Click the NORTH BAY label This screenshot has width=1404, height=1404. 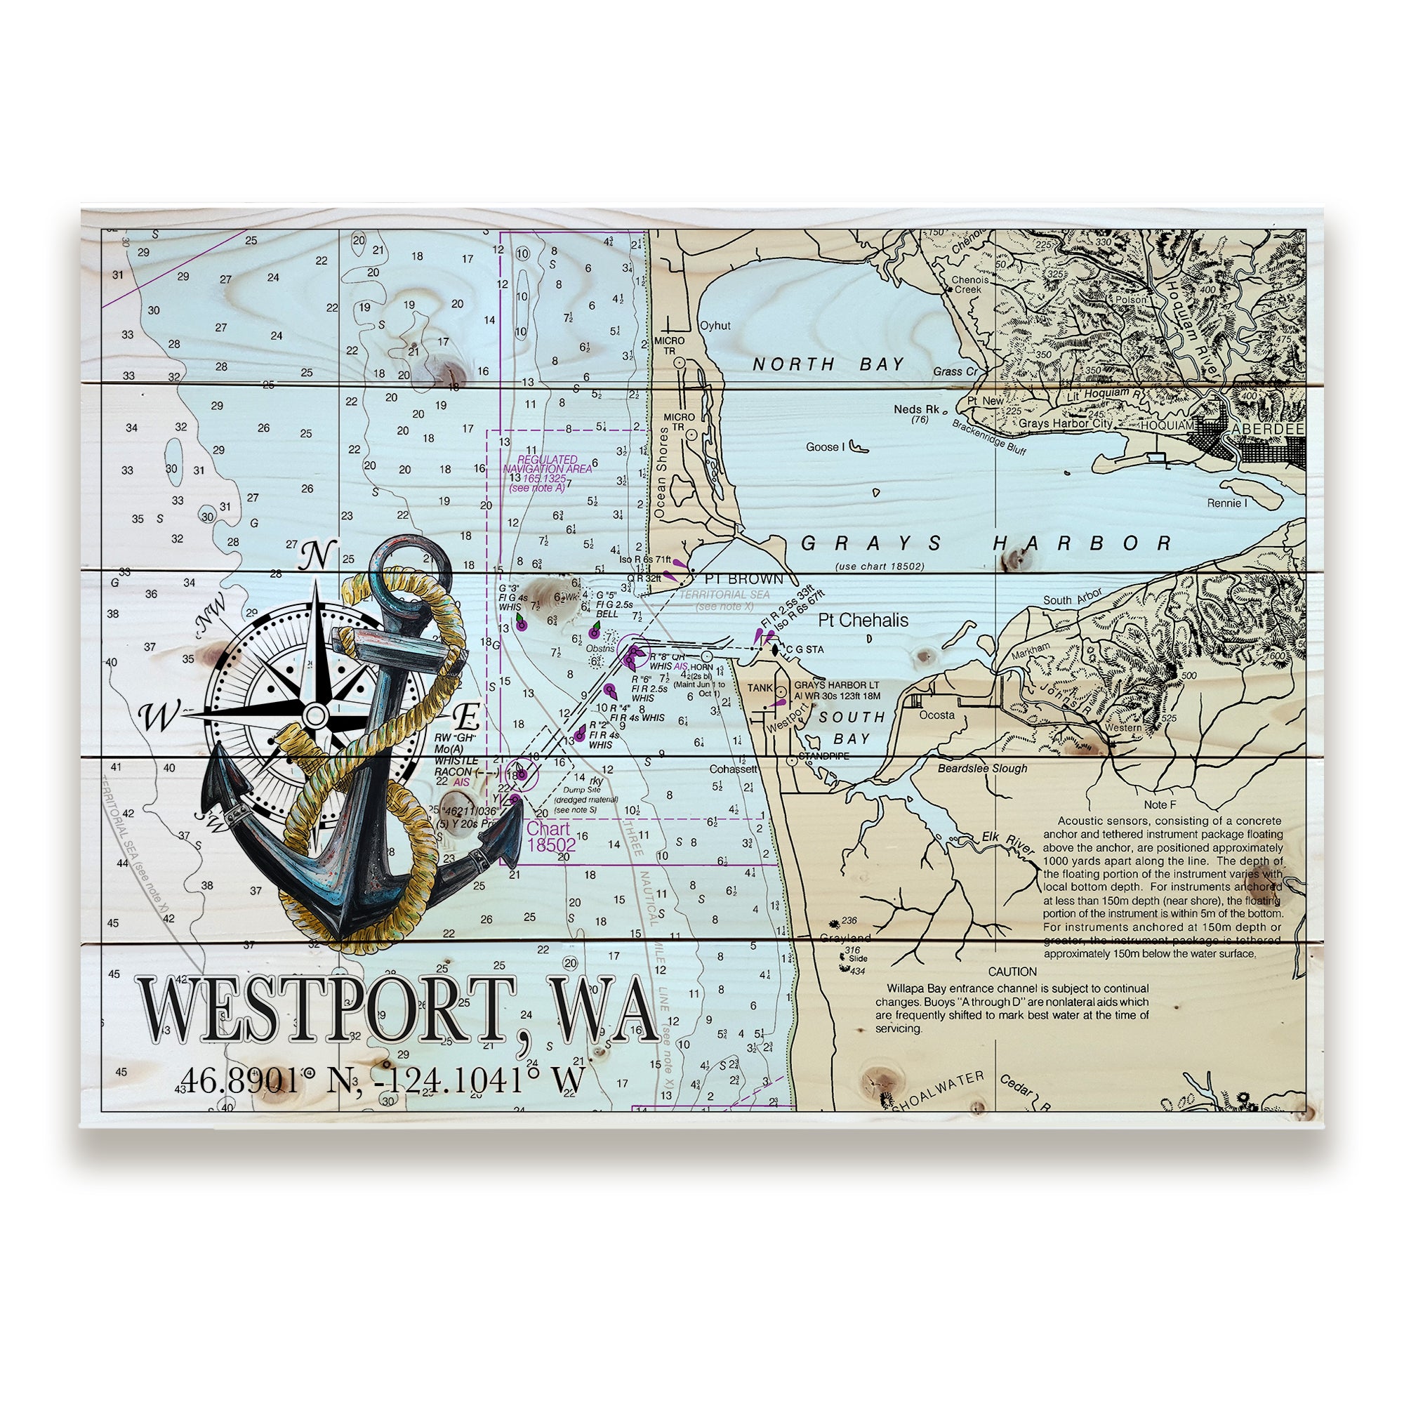point(828,365)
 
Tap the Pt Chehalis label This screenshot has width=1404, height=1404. point(863,620)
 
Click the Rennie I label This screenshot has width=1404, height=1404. point(1226,503)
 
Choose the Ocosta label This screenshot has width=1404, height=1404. point(936,715)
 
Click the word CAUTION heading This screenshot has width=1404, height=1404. point(1012,972)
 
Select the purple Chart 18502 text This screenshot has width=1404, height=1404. point(550,837)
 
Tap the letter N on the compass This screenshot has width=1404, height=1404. point(317,557)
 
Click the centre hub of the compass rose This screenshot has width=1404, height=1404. point(314,715)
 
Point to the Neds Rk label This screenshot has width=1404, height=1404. point(916,410)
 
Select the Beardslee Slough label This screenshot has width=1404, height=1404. point(982,768)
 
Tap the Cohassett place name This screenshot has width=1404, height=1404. point(734,769)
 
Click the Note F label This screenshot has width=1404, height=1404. point(1159,804)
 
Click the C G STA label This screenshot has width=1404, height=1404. point(804,649)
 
